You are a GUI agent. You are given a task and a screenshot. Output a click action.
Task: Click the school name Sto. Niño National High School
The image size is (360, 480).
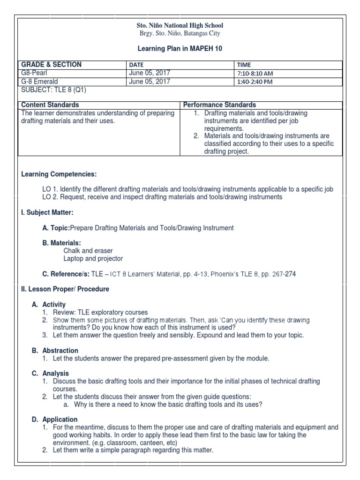(180, 25)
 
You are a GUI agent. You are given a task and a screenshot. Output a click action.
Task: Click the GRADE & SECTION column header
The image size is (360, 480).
(52, 65)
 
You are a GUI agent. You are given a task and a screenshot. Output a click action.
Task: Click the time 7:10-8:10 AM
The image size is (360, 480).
(255, 74)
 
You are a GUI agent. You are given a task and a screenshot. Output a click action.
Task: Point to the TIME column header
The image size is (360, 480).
(244, 65)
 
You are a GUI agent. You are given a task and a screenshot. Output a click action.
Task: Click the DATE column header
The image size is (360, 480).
(136, 65)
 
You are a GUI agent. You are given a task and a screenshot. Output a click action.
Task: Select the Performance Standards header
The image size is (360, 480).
(219, 105)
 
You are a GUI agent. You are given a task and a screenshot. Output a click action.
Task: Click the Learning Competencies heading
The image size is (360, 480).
(59, 174)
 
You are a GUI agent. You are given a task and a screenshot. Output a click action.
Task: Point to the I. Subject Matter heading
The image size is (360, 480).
(47, 212)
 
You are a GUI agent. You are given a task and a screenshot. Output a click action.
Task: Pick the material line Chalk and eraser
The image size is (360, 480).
(88, 251)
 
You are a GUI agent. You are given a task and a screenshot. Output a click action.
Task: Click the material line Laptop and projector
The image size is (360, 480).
(93, 258)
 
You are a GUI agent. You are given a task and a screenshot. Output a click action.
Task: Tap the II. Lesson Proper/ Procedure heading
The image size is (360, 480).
(65, 289)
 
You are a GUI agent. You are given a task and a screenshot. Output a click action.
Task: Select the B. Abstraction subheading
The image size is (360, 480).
(55, 351)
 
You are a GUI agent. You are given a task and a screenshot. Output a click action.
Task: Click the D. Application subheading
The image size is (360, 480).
(55, 420)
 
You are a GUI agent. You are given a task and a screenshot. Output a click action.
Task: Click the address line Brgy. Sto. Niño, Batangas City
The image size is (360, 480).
(180, 33)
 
